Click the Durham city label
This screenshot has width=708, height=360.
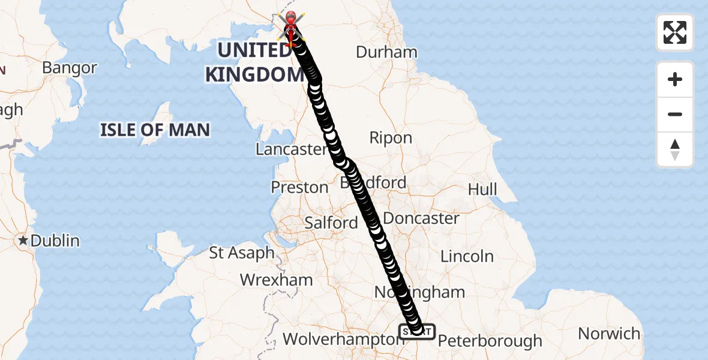[386, 52]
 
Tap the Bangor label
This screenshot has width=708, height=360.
[70, 68]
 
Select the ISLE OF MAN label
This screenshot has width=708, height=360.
[155, 129]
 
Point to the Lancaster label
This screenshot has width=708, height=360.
[290, 149]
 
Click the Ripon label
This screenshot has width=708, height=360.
[391, 138]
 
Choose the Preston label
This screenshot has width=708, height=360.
[299, 187]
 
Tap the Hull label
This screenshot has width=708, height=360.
[482, 190]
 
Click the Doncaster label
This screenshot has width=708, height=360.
[421, 218]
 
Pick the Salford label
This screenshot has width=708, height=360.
[331, 223]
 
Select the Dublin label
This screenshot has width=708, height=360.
[55, 241]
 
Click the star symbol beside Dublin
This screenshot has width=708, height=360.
[23, 241]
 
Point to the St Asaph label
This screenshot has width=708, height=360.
[242, 253]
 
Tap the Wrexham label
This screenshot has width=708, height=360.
[276, 280]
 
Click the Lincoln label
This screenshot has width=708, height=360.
[467, 256]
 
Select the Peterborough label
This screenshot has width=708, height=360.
[490, 341]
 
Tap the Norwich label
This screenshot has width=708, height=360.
[609, 333]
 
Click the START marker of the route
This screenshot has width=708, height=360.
[417, 331]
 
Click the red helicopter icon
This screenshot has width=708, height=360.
[291, 25]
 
